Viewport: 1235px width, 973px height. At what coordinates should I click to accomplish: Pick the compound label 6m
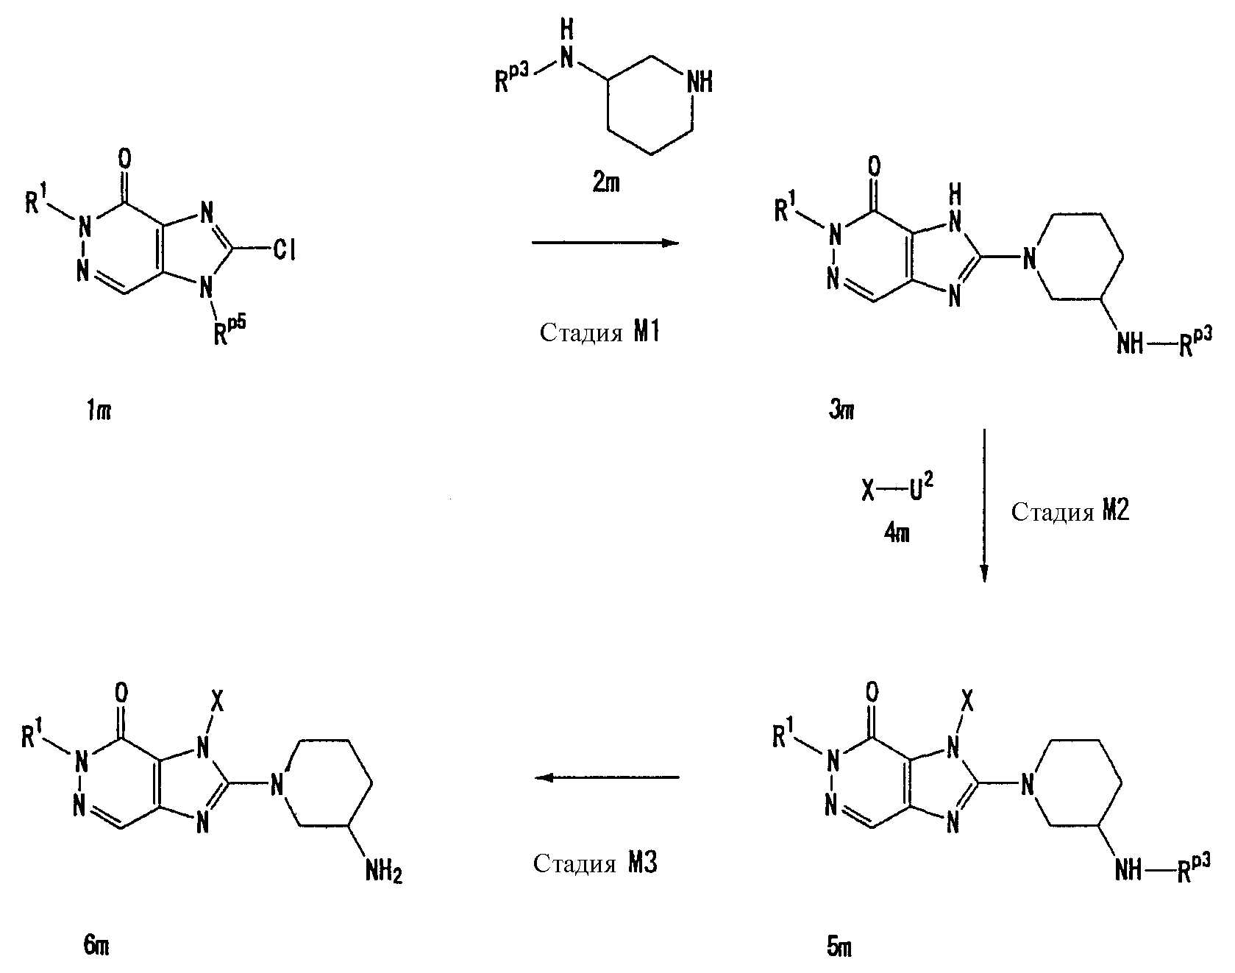(x=96, y=947)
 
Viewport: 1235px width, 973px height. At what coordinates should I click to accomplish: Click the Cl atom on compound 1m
(x=282, y=251)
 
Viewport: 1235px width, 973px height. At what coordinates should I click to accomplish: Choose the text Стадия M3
(x=595, y=863)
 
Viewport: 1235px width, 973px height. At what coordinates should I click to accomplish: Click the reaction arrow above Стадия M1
(x=605, y=243)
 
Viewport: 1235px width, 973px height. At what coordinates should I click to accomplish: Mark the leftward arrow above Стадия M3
(x=606, y=777)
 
